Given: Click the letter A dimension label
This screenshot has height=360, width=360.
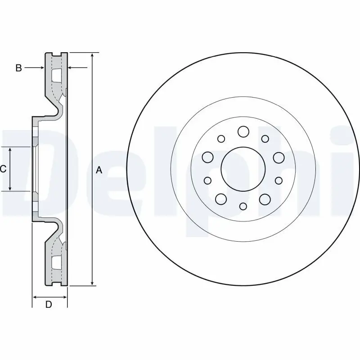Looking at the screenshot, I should (x=99, y=170).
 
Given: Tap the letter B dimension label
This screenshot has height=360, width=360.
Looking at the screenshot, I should (x=18, y=68).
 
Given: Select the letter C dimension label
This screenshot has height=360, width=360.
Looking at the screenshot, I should (x=3, y=169).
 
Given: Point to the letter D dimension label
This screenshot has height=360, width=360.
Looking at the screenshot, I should (x=49, y=305).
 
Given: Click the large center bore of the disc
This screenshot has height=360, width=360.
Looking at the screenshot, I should (x=243, y=169).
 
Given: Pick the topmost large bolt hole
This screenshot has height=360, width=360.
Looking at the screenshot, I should (x=243, y=131).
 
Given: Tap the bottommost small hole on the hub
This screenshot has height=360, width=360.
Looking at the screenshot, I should (x=243, y=206).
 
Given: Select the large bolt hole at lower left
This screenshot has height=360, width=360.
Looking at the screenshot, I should (x=220, y=198).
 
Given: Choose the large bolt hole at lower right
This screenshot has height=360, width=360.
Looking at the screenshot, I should (x=265, y=198).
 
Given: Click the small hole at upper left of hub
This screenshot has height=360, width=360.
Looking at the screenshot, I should (x=221, y=139).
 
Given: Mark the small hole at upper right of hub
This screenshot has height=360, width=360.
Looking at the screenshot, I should (x=265, y=139).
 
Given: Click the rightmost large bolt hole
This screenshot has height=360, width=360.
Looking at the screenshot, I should (x=279, y=157).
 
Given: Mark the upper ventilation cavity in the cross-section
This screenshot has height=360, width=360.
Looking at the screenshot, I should (x=57, y=76).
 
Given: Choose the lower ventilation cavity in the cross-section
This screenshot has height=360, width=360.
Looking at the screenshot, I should (x=57, y=262).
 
